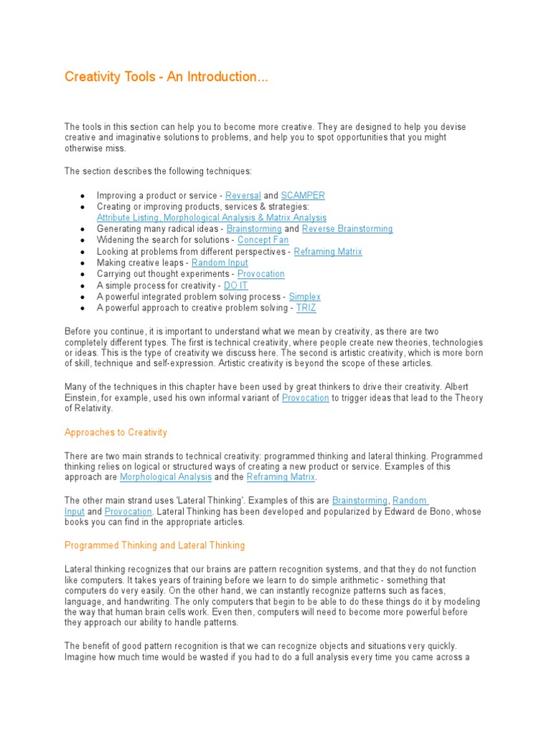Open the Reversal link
point(243,196)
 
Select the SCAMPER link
point(303,196)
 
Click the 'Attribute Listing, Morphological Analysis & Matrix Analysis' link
point(212,218)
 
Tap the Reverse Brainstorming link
point(347,229)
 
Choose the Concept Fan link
point(263,241)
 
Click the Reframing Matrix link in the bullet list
point(328,252)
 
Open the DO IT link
point(236,286)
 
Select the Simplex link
point(305,297)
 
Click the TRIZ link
point(306,308)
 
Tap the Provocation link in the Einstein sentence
point(305,398)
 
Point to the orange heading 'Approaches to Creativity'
point(116,433)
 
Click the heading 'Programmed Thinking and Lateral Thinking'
point(154,545)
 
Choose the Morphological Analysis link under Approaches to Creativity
point(166,477)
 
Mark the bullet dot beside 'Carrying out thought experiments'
point(83,275)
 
